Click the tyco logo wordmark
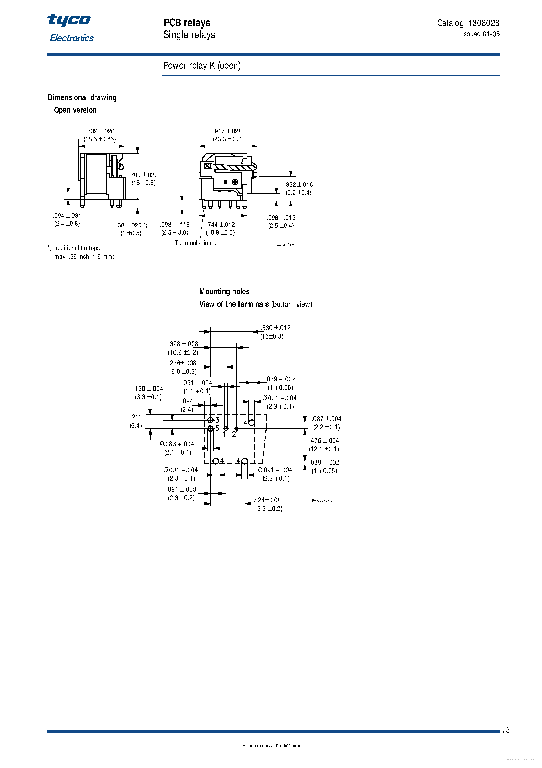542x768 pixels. [69, 20]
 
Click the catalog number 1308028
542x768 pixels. [483, 23]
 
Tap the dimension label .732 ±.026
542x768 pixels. [100, 131]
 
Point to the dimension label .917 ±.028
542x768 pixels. [227, 131]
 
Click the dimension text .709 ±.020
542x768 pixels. [143, 175]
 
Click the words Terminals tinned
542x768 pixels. [196, 243]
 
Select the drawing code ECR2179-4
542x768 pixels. [286, 244]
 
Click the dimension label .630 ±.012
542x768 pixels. [276, 328]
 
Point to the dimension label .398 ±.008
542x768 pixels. [183, 344]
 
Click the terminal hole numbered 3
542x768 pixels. [210, 420]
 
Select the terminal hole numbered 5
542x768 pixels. [210, 428]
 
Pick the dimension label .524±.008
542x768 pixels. [267, 500]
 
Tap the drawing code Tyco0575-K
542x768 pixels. [321, 500]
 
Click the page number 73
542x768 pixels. [506, 730]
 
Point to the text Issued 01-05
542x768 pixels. [481, 34]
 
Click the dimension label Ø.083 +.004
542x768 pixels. [177, 444]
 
